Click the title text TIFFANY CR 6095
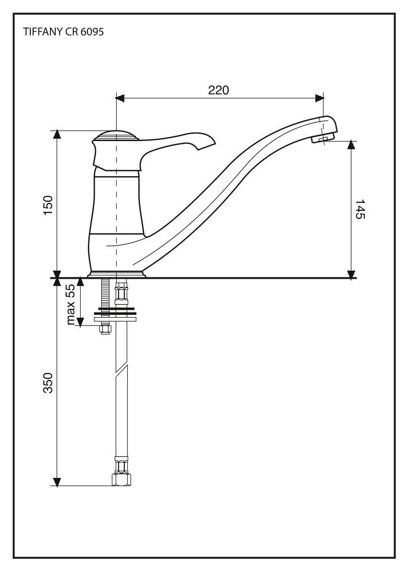tap(64, 32)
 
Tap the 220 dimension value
tap(218, 90)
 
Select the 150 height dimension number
tap(48, 205)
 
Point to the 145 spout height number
tap(360, 209)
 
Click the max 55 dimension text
tap(71, 304)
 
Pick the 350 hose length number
tap(48, 383)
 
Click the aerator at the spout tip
tap(323, 139)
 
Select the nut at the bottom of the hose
tap(121, 479)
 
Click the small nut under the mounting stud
tap(105, 329)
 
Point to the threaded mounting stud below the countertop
tap(105, 294)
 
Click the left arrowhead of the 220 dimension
tap(120, 98)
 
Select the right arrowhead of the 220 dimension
tap(320, 98)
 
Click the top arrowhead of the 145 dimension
tap(351, 145)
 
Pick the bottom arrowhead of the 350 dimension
tap(57, 482)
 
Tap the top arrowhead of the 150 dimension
tap(57, 134)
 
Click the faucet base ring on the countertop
tap(117, 274)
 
